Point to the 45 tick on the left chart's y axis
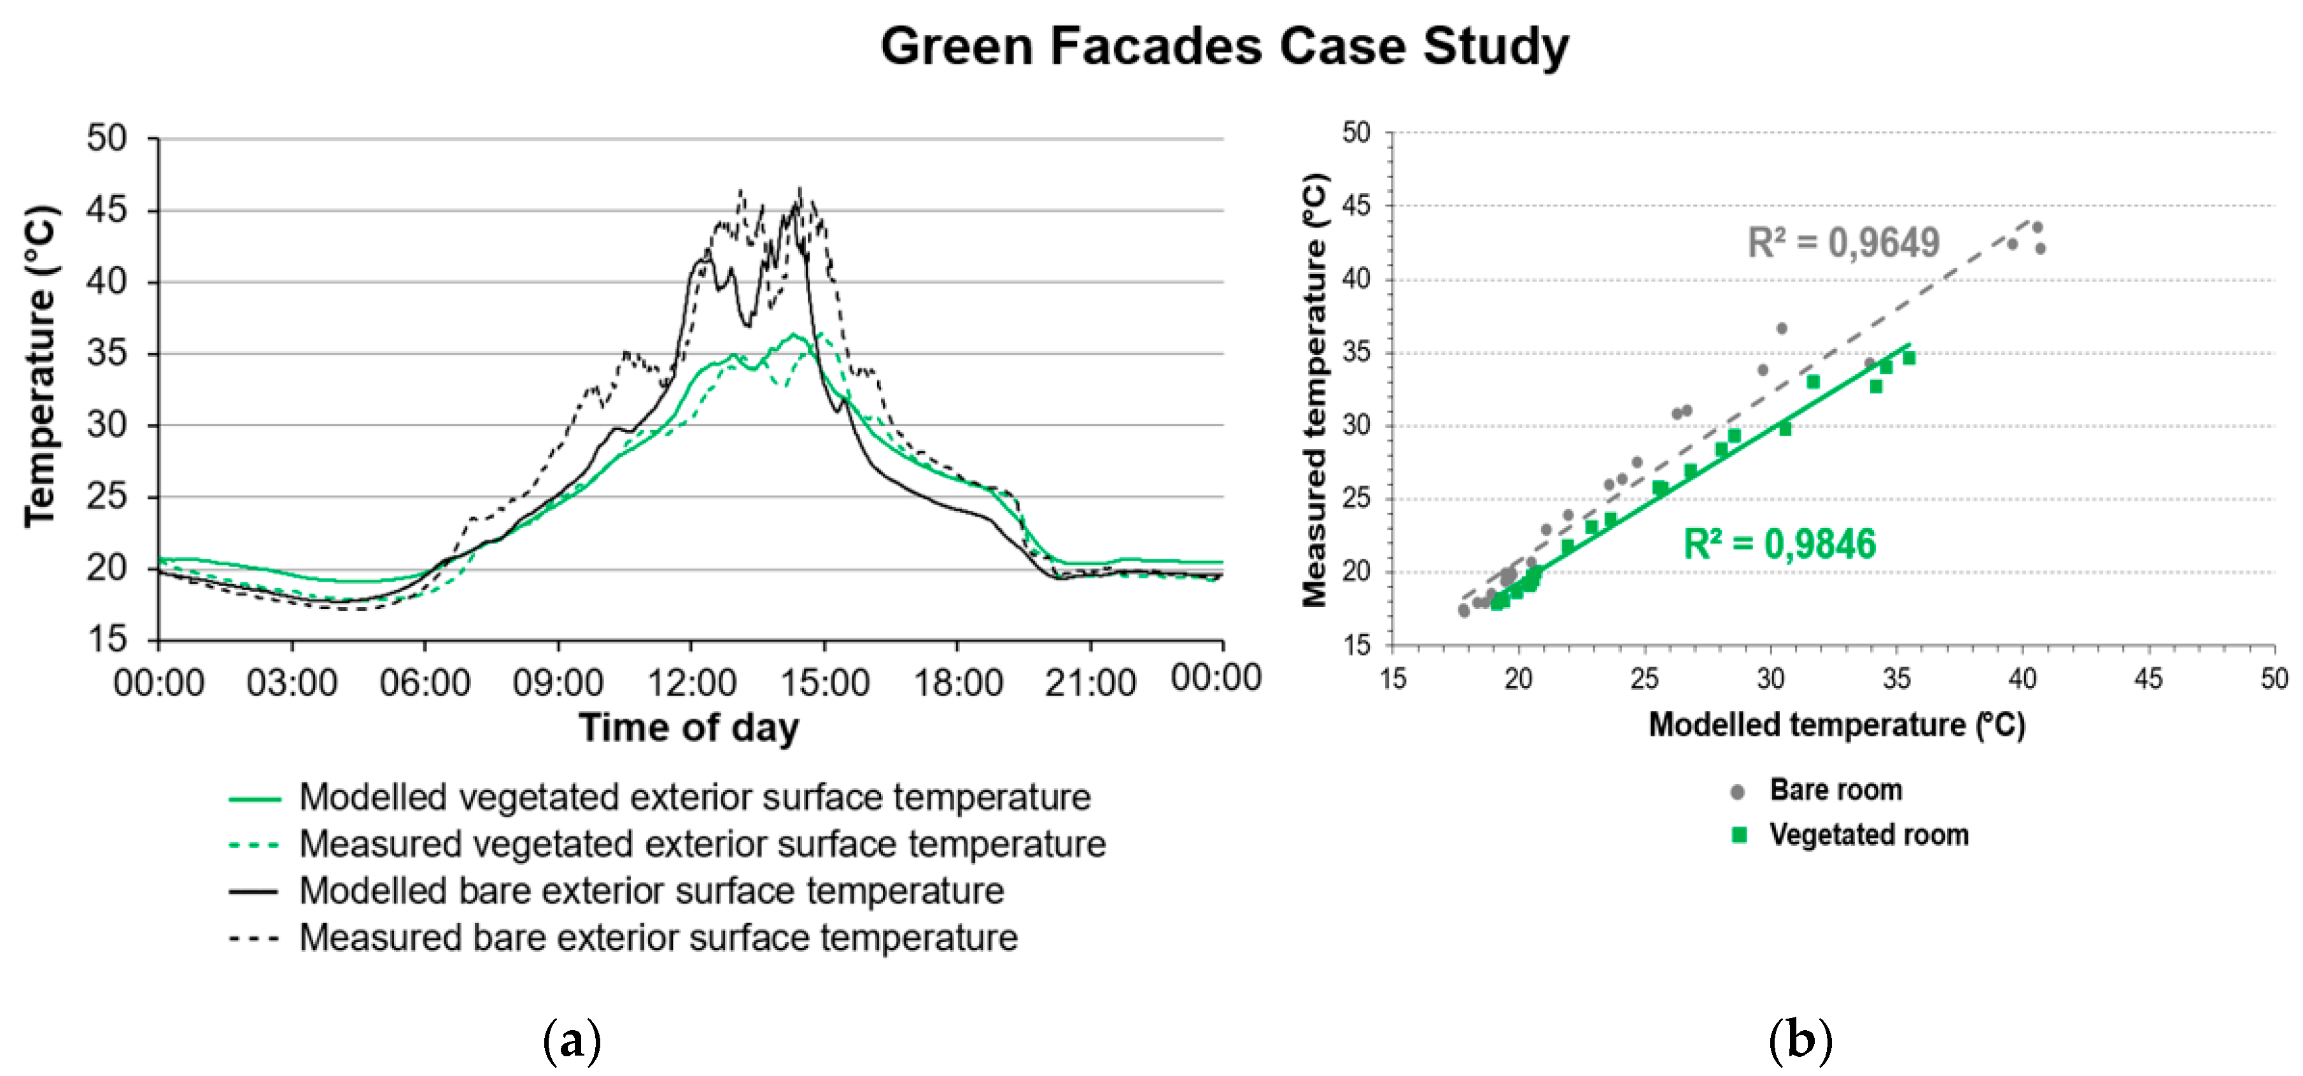click(x=106, y=210)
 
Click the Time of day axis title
click(x=688, y=727)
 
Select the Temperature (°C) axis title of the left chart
click(x=40, y=367)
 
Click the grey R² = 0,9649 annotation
click(x=1843, y=242)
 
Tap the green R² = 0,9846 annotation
click(x=1779, y=544)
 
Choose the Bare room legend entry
click(x=1835, y=790)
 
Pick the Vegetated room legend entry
click(x=1868, y=835)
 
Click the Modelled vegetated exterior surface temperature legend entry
click(x=694, y=797)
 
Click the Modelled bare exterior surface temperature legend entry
click(x=651, y=891)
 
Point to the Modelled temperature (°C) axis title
click(x=1836, y=724)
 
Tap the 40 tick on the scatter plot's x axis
click(x=2022, y=679)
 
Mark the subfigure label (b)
click(x=1799, y=1041)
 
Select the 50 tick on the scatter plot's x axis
click(x=2274, y=679)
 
